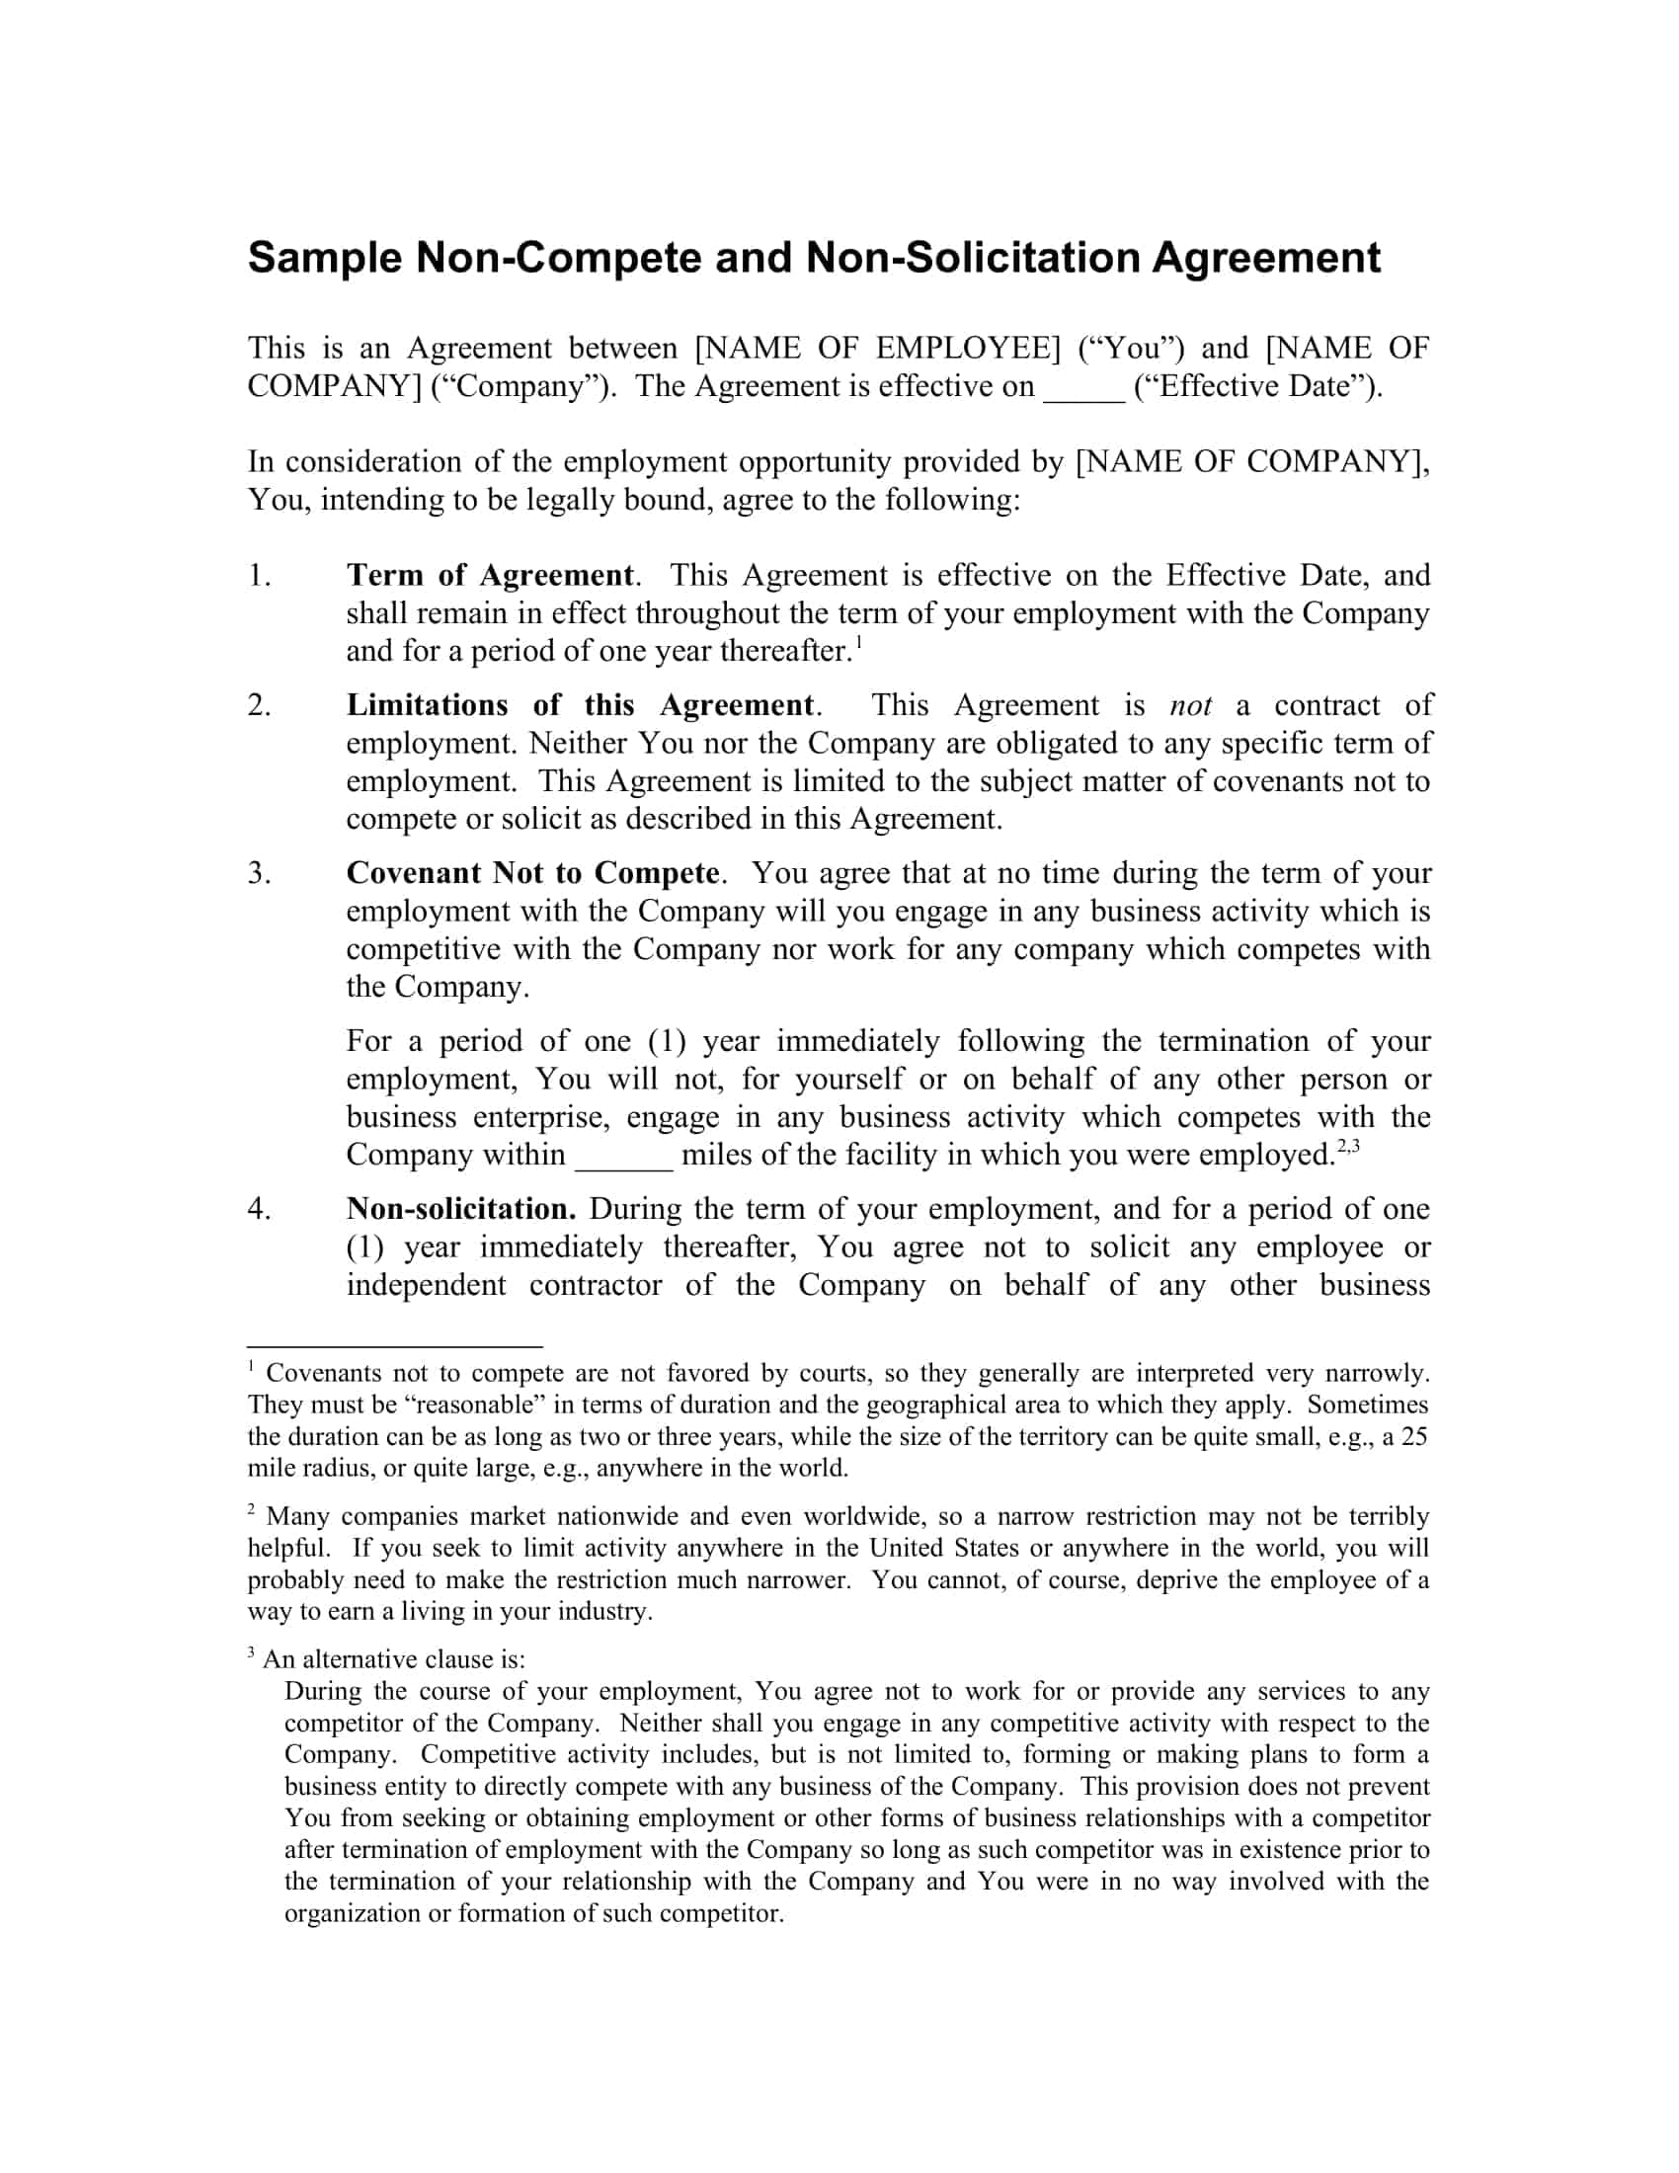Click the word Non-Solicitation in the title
pyautogui.click(x=973, y=259)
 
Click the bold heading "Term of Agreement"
pyautogui.click(x=489, y=576)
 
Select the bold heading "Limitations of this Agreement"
pyautogui.click(x=581, y=705)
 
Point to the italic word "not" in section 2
pyautogui.click(x=1191, y=706)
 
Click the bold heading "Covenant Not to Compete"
pyautogui.click(x=532, y=873)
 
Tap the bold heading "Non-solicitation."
pyautogui.click(x=460, y=1209)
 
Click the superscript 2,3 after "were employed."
pyautogui.click(x=1349, y=1146)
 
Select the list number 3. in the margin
pyautogui.click(x=260, y=873)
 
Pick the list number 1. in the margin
pyautogui.click(x=260, y=576)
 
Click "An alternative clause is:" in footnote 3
pyautogui.click(x=394, y=1659)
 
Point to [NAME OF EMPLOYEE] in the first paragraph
pyautogui.click(x=877, y=349)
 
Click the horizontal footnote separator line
pyautogui.click(x=394, y=1345)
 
